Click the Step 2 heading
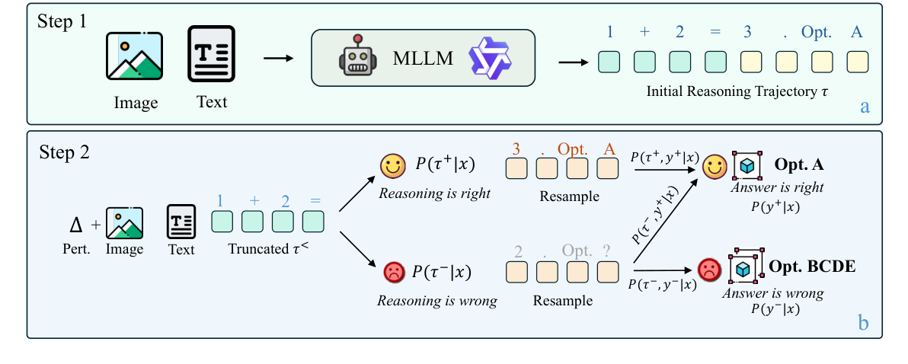click(x=64, y=152)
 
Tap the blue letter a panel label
click(x=864, y=106)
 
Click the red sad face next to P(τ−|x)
click(x=392, y=272)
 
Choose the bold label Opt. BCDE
click(x=811, y=267)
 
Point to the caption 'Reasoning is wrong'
click(x=436, y=301)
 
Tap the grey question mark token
click(x=607, y=251)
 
